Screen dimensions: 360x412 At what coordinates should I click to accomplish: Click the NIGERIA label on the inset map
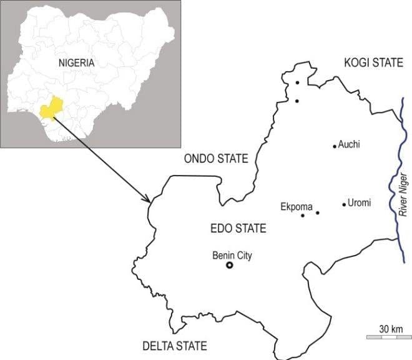76,62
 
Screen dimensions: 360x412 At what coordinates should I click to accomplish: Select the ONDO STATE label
216,159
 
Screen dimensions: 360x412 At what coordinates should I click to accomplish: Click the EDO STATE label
238,228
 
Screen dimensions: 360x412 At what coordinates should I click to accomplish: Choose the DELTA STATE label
174,346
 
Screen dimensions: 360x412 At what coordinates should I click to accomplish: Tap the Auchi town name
350,144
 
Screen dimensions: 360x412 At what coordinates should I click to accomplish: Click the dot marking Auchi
335,146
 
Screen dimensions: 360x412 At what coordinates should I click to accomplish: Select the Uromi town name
359,203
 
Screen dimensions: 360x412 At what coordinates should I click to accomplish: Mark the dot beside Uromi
344,204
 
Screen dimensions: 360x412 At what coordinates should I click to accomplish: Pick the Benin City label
232,255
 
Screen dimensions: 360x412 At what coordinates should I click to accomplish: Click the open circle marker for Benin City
229,266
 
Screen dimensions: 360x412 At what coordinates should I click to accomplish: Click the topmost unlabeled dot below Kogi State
298,82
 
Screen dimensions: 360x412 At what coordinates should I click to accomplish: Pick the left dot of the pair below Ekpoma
303,216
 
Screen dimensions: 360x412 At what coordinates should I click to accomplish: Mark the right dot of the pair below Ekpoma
317,213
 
